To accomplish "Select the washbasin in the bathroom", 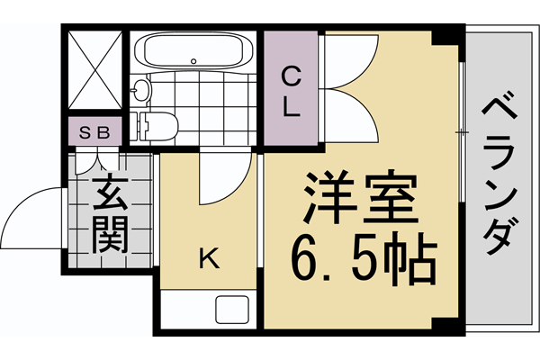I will (141, 90).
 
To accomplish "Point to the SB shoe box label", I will (94, 132).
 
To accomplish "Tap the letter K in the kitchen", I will (208, 259).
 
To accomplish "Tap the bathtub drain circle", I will (193, 60).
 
